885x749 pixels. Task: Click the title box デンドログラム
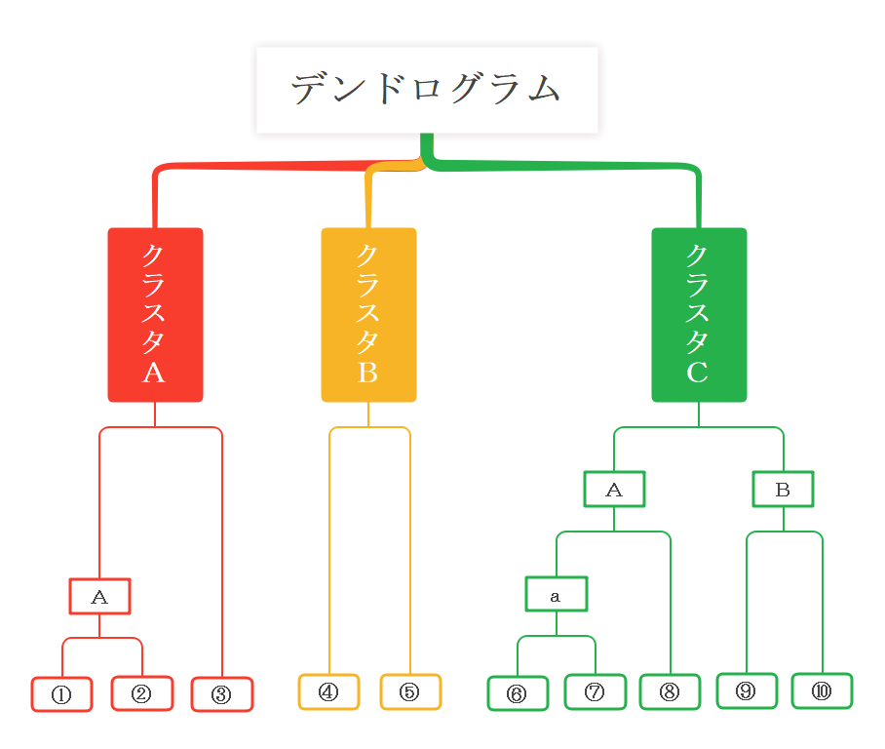[x=427, y=90]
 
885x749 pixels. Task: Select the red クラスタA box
[x=155, y=314]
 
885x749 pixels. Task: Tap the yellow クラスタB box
[x=368, y=314]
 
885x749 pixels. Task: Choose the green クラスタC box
[x=699, y=314]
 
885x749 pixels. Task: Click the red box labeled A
[x=99, y=596]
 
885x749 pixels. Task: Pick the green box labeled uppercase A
[x=614, y=489]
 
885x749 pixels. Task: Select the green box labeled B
[x=783, y=489]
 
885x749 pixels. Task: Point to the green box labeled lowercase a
[x=556, y=594]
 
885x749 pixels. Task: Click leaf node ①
[x=61, y=694]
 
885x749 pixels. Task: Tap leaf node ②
[x=142, y=693]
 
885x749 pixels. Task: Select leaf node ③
[x=222, y=694]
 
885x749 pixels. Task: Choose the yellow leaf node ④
[x=328, y=691]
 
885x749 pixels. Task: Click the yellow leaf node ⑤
[x=410, y=691]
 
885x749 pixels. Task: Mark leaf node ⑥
[x=518, y=693]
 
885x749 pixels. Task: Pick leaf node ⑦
[x=595, y=692]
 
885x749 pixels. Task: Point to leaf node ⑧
[x=670, y=691]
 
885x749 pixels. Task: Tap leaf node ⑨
[x=747, y=690]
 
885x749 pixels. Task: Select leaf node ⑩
[x=822, y=690]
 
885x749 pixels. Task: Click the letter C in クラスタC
[x=698, y=373]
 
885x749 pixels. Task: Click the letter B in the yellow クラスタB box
[x=367, y=373]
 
